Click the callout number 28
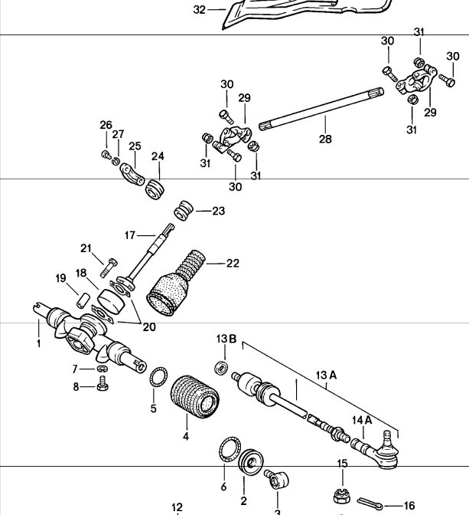tap(325, 139)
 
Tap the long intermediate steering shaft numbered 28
tap(321, 109)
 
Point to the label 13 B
tap(226, 339)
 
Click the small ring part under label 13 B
tap(221, 368)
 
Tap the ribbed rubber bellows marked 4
tap(195, 397)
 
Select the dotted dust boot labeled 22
tap(176, 284)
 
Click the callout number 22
tap(233, 264)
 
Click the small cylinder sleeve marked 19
tap(83, 300)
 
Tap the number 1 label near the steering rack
tap(39, 343)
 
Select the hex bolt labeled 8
tap(103, 383)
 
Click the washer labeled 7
tap(103, 369)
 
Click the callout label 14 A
tap(362, 420)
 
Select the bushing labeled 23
tap(184, 210)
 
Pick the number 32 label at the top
tap(200, 10)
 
